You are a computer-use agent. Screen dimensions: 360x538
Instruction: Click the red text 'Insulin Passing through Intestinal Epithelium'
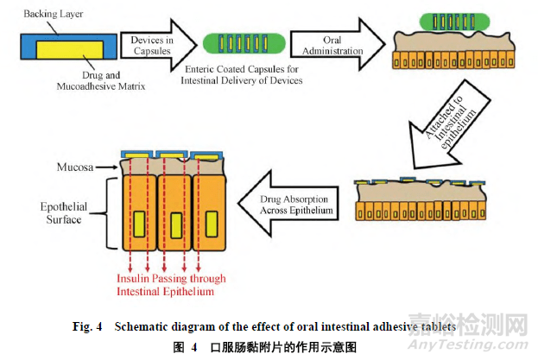173,284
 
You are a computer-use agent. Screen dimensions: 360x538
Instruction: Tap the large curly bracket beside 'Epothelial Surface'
110,213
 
